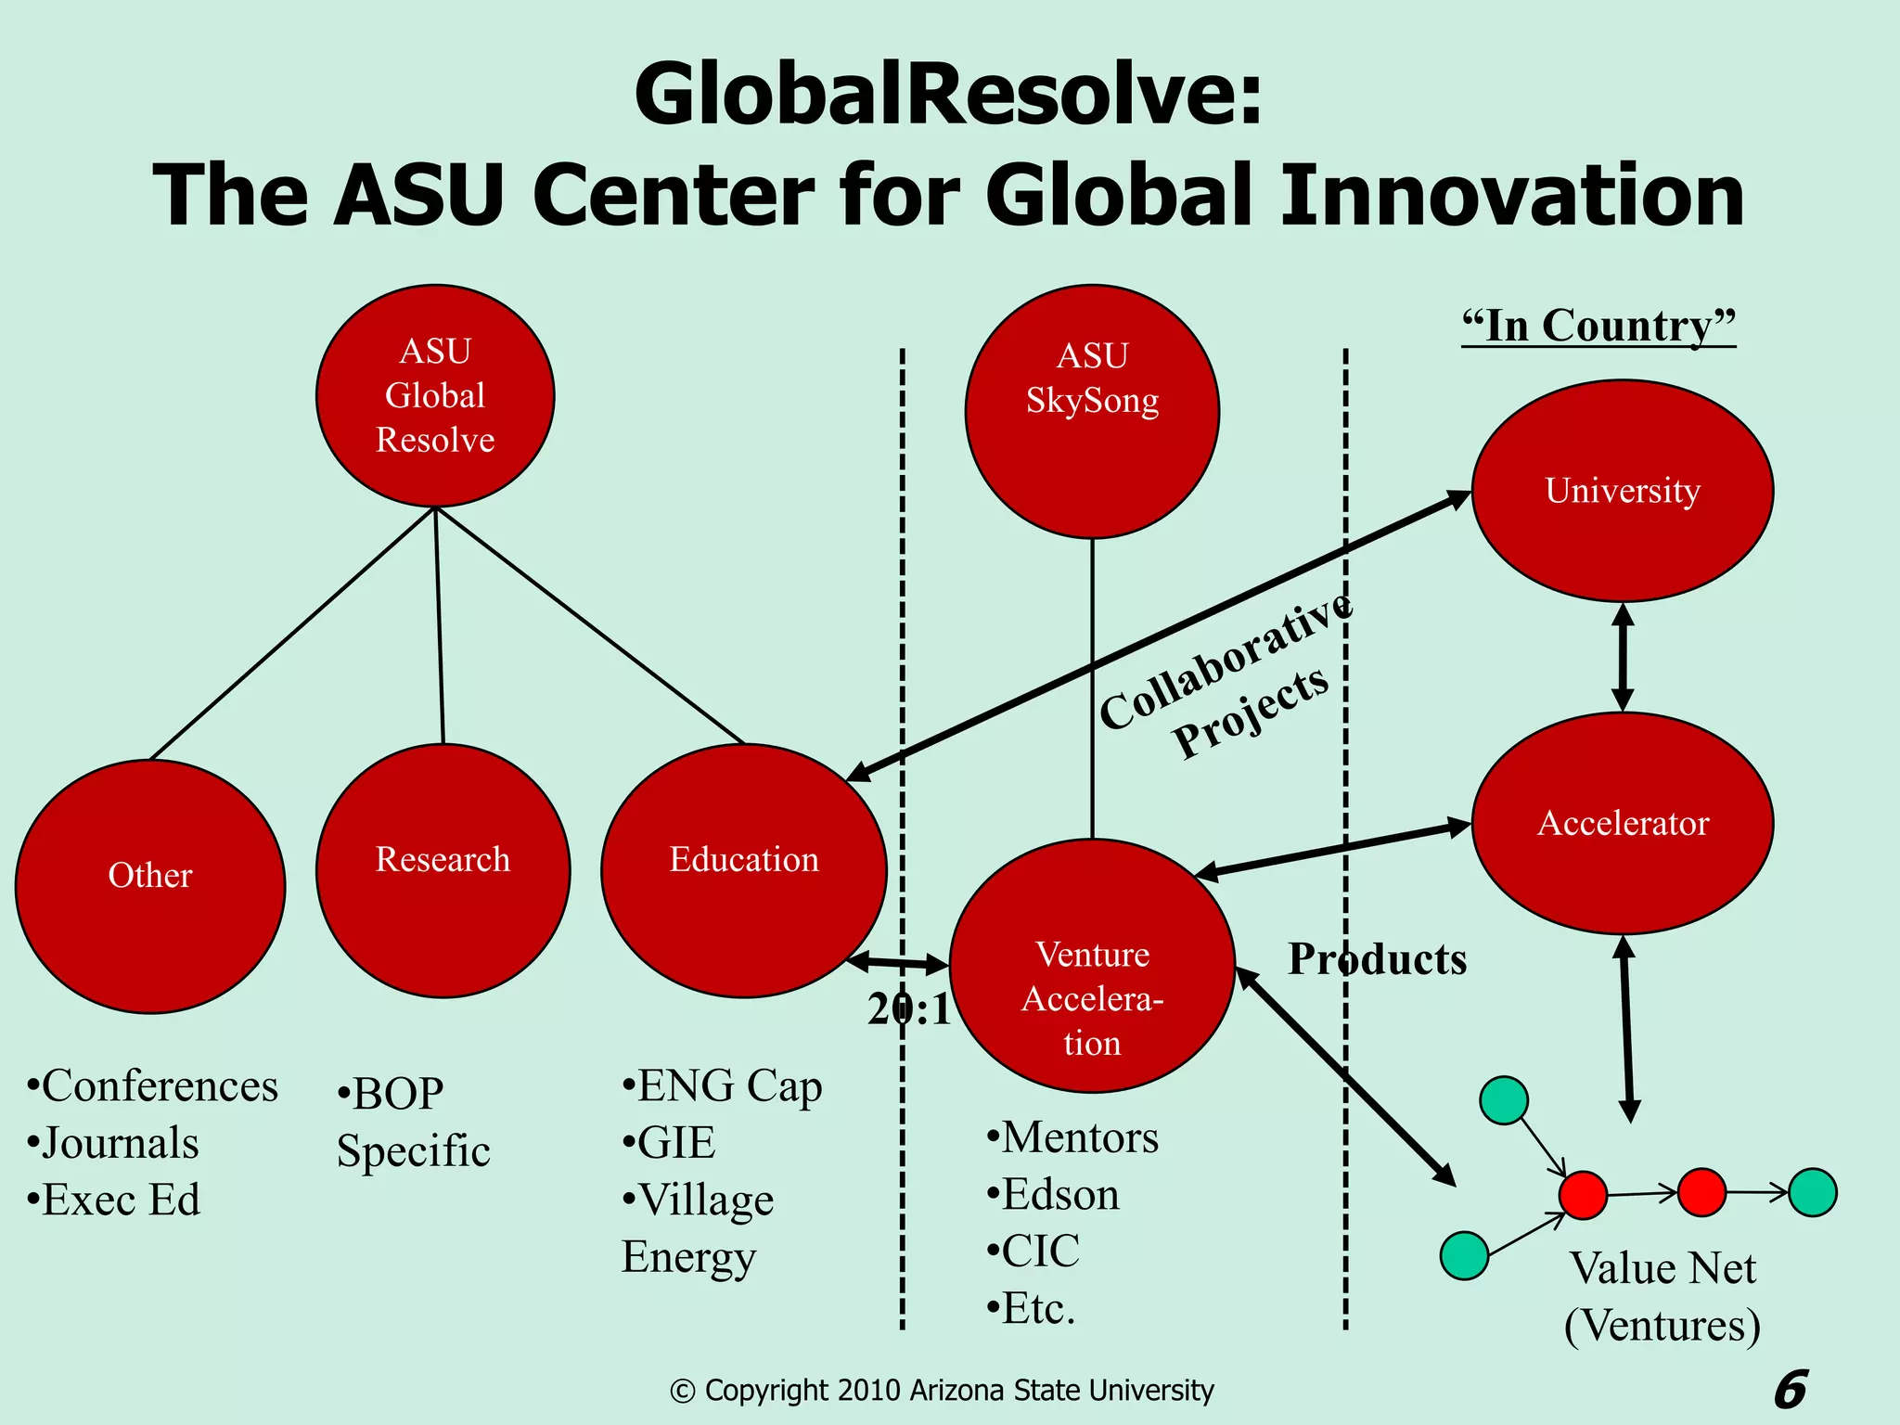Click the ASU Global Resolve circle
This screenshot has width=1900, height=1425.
click(435, 395)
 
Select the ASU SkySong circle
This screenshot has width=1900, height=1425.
click(1092, 411)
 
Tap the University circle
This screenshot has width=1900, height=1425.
click(1623, 491)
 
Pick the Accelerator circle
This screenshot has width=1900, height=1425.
click(1623, 823)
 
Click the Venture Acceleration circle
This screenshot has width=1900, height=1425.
click(1092, 966)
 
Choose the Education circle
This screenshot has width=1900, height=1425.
click(744, 870)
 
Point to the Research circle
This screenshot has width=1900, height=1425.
click(443, 870)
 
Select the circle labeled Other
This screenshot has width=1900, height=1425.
click(150, 886)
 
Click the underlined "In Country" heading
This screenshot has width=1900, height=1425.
click(1598, 326)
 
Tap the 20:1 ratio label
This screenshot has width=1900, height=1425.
click(909, 1009)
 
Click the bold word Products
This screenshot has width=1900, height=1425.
click(1378, 959)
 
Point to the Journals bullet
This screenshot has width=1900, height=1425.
click(120, 1143)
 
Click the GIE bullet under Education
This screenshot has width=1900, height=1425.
click(675, 1142)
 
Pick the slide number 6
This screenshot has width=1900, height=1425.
click(1791, 1389)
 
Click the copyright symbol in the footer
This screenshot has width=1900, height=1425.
click(682, 1392)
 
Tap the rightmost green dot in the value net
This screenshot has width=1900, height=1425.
click(1812, 1192)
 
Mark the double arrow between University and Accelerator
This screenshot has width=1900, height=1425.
click(1623, 657)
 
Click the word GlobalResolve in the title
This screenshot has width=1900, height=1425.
click(947, 95)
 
